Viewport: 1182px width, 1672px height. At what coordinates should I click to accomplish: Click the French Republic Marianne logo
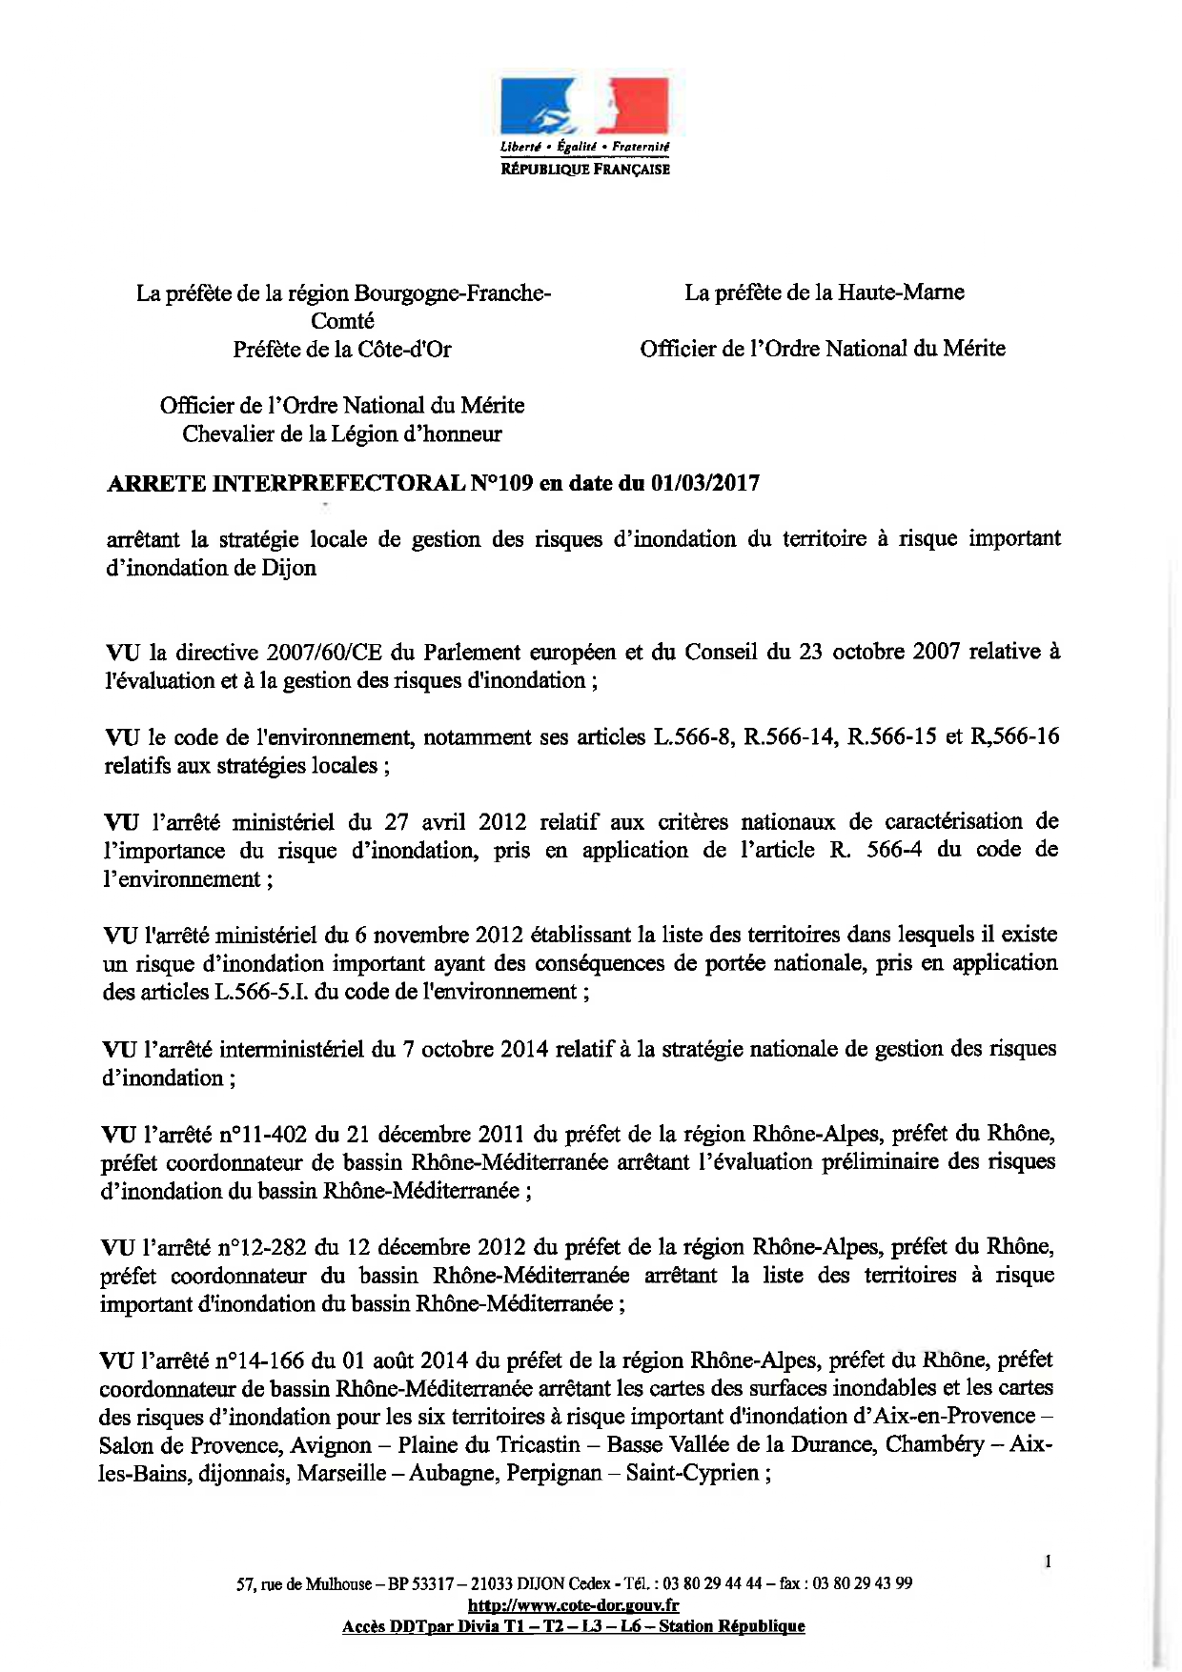584,107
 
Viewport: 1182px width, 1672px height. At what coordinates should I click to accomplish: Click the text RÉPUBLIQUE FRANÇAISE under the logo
585,170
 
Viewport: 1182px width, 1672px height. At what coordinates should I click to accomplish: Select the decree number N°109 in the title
501,483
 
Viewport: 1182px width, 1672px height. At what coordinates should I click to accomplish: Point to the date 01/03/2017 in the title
705,483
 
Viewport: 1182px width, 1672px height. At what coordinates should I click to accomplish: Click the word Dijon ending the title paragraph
287,568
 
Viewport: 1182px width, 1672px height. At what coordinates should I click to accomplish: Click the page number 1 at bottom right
1048,1561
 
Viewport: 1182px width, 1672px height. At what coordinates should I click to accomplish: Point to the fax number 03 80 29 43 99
862,1584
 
